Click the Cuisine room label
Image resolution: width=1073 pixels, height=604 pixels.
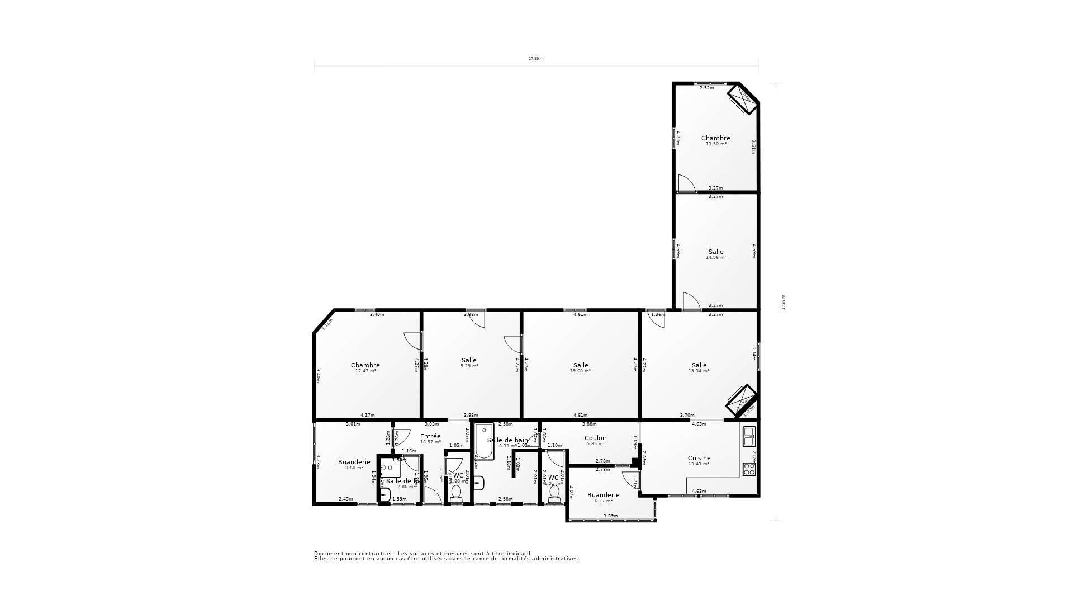(x=699, y=458)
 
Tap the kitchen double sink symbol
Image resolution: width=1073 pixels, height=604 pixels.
(x=749, y=436)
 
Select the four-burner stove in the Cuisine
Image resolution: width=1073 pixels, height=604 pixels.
(x=749, y=469)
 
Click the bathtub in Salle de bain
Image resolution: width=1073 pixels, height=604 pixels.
(x=484, y=442)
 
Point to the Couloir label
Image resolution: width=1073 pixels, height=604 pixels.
(x=595, y=438)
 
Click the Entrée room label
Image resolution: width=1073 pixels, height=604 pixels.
(x=430, y=436)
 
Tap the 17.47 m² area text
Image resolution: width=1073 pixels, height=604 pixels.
(x=365, y=371)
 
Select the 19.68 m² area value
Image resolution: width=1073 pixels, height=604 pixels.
(x=580, y=371)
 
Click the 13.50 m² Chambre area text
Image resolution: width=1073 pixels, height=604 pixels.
(x=715, y=144)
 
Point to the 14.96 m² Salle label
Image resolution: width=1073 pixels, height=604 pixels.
(x=715, y=252)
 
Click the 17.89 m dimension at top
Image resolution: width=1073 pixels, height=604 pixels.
(x=536, y=59)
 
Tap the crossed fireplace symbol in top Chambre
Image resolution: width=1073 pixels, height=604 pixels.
(x=743, y=99)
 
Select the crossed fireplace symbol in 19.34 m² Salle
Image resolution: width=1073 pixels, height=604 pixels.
(x=741, y=400)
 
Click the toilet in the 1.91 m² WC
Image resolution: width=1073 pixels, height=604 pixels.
(x=554, y=493)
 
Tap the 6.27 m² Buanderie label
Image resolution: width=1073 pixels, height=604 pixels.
(x=603, y=495)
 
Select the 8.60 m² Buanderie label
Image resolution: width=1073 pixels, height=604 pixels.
(x=354, y=462)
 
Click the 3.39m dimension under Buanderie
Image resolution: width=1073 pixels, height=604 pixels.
(x=610, y=516)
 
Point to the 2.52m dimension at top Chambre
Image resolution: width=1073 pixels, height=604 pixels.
(x=706, y=88)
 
